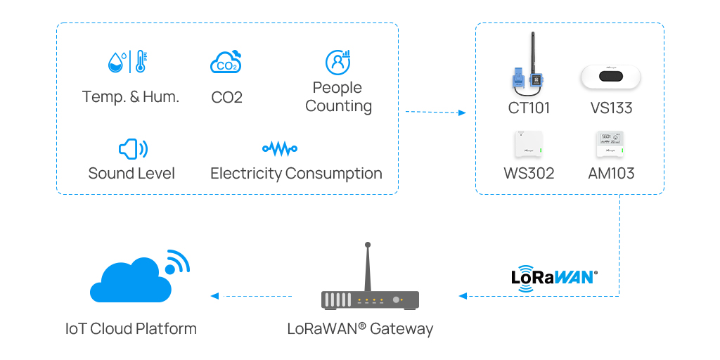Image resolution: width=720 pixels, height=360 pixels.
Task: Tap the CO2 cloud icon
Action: (226, 63)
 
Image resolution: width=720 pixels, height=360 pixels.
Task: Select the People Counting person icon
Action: (338, 63)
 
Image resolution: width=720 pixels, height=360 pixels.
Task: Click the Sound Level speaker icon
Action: (132, 148)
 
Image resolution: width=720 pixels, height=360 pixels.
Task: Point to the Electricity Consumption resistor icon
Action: (279, 148)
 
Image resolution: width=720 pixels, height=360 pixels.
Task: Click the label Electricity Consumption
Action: (296, 174)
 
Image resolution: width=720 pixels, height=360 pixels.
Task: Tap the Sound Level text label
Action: (131, 174)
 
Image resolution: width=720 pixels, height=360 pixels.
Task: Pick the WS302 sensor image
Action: (529, 144)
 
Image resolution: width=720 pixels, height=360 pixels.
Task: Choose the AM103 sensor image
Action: (610, 144)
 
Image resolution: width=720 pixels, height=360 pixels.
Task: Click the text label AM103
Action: (611, 174)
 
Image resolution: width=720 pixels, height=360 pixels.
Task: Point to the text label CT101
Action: (529, 108)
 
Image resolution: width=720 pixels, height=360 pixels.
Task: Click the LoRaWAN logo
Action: (554, 276)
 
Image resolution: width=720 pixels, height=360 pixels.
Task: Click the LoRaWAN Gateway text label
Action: (360, 328)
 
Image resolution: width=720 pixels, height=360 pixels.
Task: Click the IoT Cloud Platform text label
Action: (131, 328)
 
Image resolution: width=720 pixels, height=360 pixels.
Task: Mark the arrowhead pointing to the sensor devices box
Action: (462, 112)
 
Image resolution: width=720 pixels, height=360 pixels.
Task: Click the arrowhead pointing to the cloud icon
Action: (214, 296)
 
